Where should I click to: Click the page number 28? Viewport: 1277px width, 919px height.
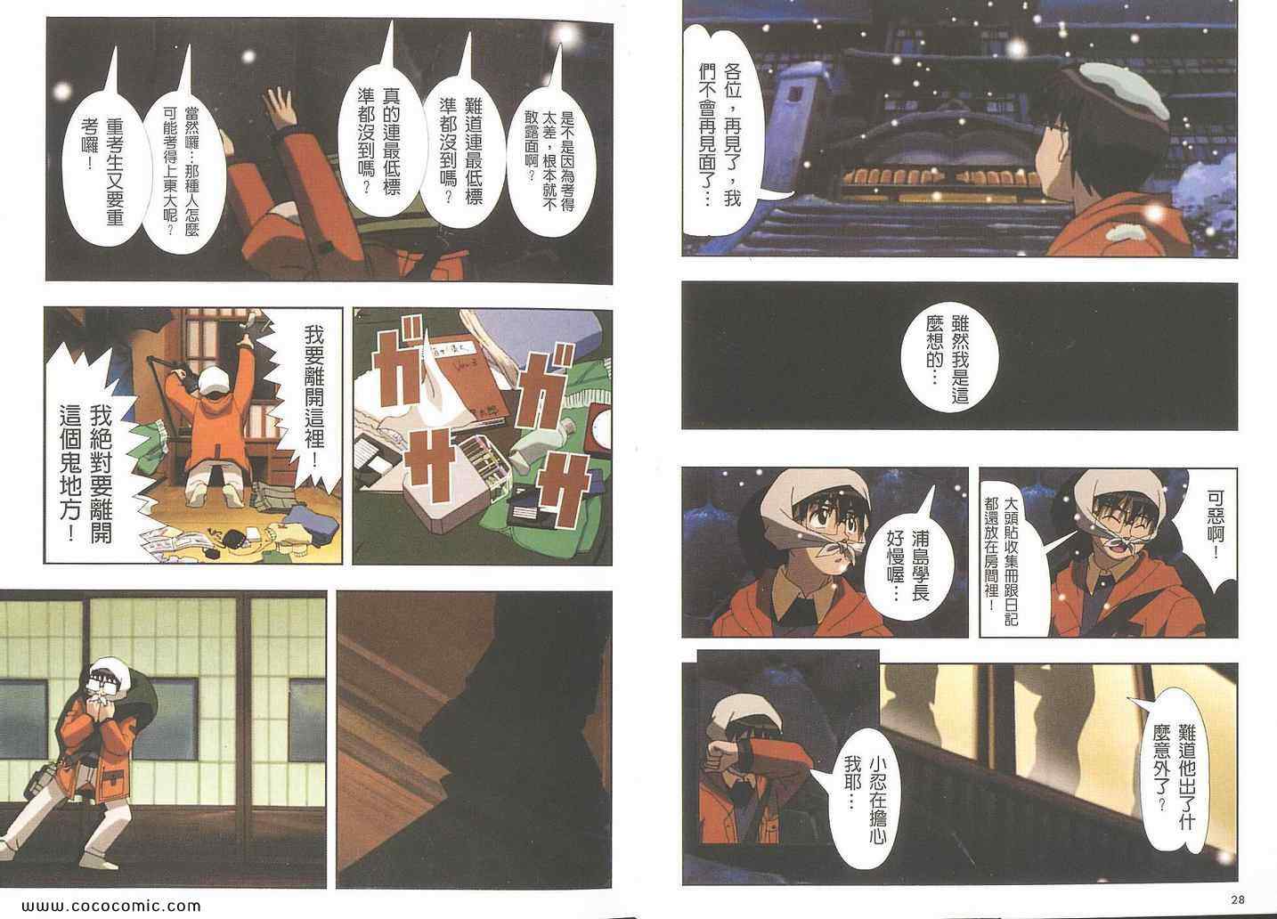click(x=1237, y=899)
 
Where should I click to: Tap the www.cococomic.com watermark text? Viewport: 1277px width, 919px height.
click(x=111, y=906)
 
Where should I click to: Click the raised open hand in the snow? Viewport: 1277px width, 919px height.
click(x=279, y=108)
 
